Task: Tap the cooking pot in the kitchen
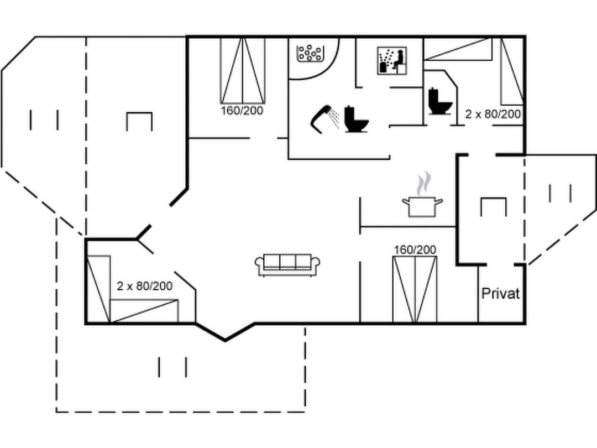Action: (422, 206)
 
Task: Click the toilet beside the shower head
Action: (356, 118)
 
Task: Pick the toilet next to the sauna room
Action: (440, 102)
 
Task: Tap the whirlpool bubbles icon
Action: (310, 54)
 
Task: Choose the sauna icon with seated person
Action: (392, 60)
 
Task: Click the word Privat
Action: (500, 293)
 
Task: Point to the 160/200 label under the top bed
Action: (242, 111)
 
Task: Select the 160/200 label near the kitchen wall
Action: (415, 250)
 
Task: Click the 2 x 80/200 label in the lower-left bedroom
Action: (144, 286)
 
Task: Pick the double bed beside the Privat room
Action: (415, 289)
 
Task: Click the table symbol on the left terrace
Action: (139, 121)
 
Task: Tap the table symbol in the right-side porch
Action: (494, 206)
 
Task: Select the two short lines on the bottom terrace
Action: (172, 367)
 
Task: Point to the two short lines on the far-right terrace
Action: (560, 193)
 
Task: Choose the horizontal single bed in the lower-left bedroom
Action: (144, 310)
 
